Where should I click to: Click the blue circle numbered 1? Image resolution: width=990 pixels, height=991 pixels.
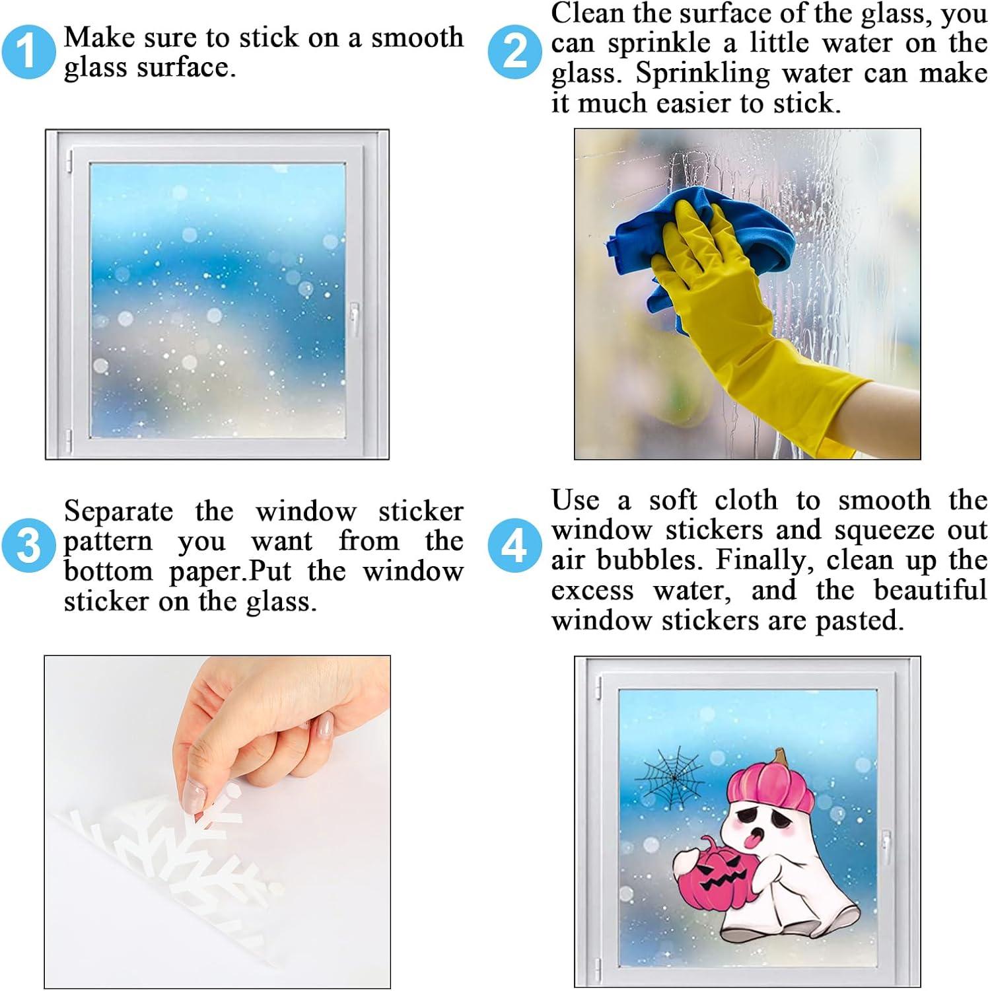28,51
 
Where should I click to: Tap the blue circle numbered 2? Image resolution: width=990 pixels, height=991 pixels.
515,52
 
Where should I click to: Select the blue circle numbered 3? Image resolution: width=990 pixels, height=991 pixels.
28,546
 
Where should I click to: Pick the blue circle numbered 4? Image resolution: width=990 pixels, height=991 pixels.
514,546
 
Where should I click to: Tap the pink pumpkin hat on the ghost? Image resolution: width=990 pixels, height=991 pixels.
770,786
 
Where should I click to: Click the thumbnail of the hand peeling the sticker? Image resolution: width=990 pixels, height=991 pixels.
217,822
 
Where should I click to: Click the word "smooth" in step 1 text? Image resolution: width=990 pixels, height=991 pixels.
417,38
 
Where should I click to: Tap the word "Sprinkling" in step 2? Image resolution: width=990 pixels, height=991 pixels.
703,74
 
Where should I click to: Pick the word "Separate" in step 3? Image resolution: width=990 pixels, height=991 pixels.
118,511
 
